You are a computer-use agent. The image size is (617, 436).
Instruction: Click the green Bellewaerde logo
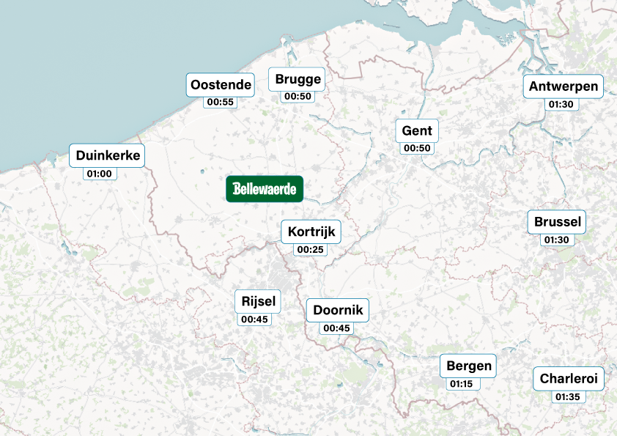(265, 189)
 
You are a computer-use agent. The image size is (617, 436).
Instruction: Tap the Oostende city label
(221, 84)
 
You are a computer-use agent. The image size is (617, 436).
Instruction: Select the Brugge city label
(298, 79)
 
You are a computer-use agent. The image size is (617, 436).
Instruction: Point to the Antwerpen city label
(564, 86)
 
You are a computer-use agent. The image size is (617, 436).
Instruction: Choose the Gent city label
(417, 131)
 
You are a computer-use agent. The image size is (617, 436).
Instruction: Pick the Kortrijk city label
(311, 232)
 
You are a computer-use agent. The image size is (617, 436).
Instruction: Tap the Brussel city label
(558, 221)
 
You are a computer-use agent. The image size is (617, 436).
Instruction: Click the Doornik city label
(338, 310)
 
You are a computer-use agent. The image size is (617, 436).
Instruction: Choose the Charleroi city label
(569, 379)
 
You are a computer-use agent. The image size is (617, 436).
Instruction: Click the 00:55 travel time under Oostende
(221, 102)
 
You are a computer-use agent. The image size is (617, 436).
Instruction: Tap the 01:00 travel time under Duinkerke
(100, 174)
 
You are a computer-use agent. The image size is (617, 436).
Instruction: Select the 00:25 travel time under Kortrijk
(310, 250)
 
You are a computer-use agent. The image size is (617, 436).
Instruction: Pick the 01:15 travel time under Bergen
(461, 384)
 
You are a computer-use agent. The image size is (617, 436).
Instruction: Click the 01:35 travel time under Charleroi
(568, 397)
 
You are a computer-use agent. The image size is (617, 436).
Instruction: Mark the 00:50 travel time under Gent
(418, 149)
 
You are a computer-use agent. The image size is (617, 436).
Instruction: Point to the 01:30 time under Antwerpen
(561, 105)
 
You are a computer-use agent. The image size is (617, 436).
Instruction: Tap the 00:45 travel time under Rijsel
(254, 319)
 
